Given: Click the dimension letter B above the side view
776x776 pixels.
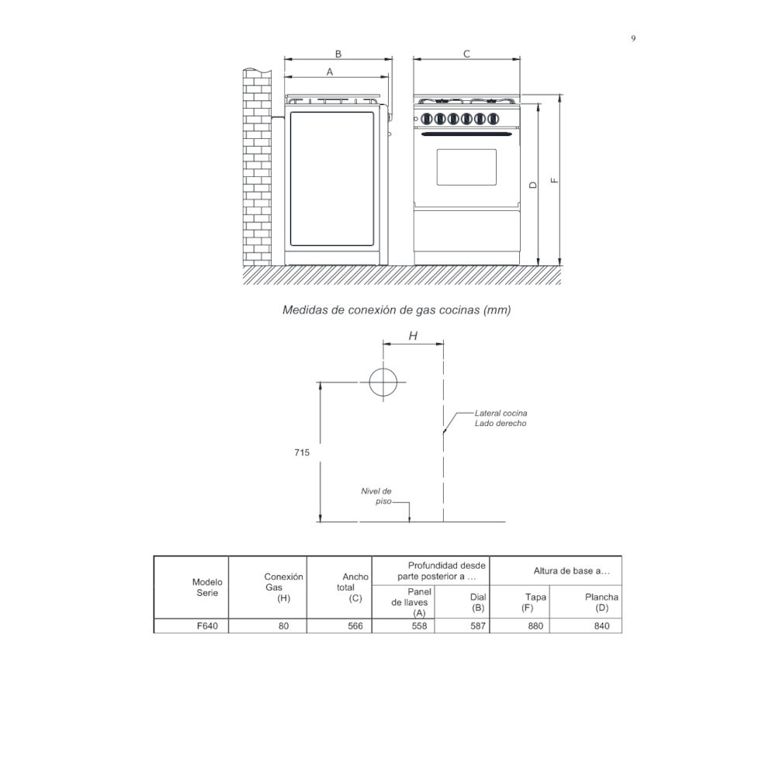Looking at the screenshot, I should (x=338, y=54).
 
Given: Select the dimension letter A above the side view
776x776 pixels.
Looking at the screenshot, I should (x=329, y=71).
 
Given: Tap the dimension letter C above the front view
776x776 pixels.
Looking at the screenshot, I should (x=466, y=54).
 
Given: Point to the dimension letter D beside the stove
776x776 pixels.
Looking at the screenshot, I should (x=532, y=185).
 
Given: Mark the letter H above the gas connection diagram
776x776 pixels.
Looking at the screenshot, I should (x=413, y=336).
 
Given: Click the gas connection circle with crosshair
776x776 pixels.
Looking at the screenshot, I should (x=383, y=382).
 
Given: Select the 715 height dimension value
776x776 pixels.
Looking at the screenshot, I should (x=302, y=453).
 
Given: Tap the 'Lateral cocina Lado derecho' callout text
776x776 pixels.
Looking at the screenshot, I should (x=501, y=418).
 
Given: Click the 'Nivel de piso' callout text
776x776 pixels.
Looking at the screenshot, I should (x=376, y=496).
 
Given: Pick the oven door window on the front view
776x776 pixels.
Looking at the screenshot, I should (x=466, y=167).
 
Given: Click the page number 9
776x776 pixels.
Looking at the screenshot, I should (x=633, y=39).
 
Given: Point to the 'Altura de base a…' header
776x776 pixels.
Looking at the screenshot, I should (x=566, y=570).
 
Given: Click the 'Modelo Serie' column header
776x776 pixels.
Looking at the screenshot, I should (x=207, y=587).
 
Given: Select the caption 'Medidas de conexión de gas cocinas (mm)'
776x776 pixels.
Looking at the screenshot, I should (x=397, y=310).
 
